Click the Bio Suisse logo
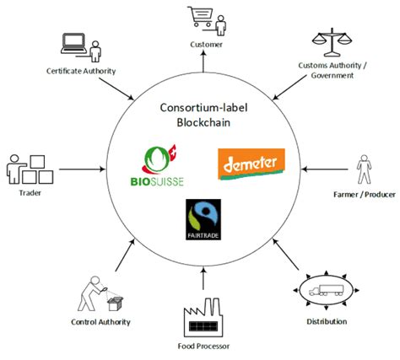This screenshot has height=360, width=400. click(x=161, y=164)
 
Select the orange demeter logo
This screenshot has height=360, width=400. click(x=251, y=163)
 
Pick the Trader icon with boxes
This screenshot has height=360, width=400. click(x=28, y=168)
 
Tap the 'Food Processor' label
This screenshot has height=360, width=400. click(x=200, y=347)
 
